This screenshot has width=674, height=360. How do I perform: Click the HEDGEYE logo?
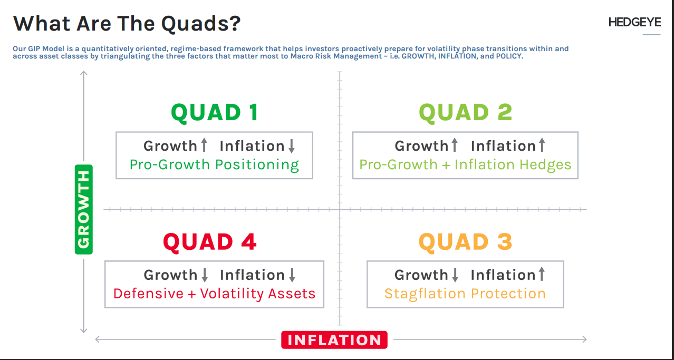(x=634, y=22)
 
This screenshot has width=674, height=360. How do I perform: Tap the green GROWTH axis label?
(x=84, y=209)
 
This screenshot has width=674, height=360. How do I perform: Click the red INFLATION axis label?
(x=334, y=340)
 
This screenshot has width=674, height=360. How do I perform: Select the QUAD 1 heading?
(x=214, y=112)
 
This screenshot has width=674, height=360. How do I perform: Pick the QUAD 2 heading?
(x=465, y=112)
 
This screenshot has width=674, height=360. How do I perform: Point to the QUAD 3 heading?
(x=465, y=242)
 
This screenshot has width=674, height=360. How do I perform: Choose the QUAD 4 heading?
(x=210, y=242)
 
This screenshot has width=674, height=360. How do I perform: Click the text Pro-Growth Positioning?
(x=214, y=165)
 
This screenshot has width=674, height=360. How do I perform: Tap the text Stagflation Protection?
(x=465, y=294)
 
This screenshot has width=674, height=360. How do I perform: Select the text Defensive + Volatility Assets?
(x=214, y=294)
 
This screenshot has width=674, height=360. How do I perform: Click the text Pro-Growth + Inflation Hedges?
(x=465, y=165)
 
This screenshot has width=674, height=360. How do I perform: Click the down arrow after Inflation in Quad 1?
(x=292, y=145)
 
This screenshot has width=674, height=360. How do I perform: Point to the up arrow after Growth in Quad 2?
(x=455, y=145)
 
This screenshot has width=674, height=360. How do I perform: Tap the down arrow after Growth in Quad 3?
(x=455, y=275)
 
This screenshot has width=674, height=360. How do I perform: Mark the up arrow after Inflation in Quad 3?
(x=542, y=274)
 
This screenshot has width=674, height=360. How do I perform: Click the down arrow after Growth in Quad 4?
(x=205, y=275)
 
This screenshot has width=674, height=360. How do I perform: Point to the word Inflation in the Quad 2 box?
(x=504, y=146)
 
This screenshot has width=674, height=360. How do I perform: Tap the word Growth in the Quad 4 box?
(x=170, y=275)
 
